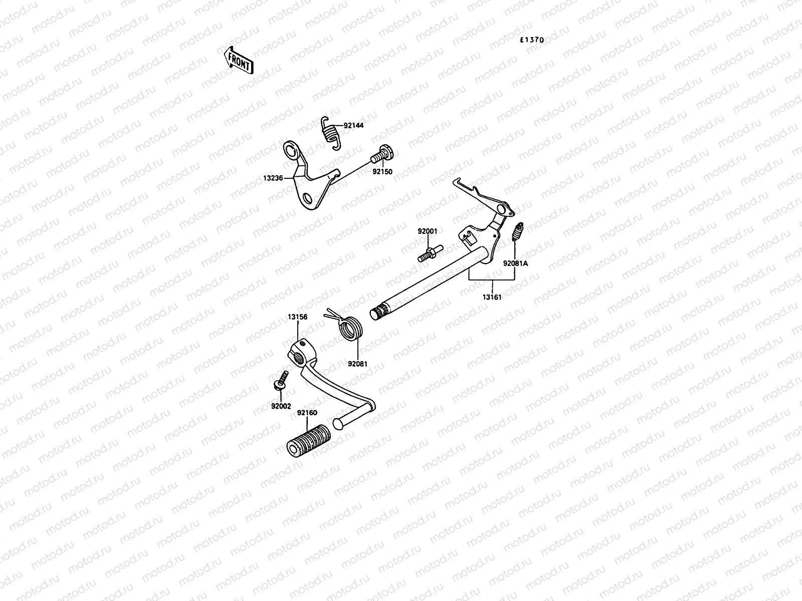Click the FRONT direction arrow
237,60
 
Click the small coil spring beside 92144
330,133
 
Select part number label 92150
382,171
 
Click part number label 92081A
515,262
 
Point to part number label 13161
492,297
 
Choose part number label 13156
298,317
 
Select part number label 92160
307,413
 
